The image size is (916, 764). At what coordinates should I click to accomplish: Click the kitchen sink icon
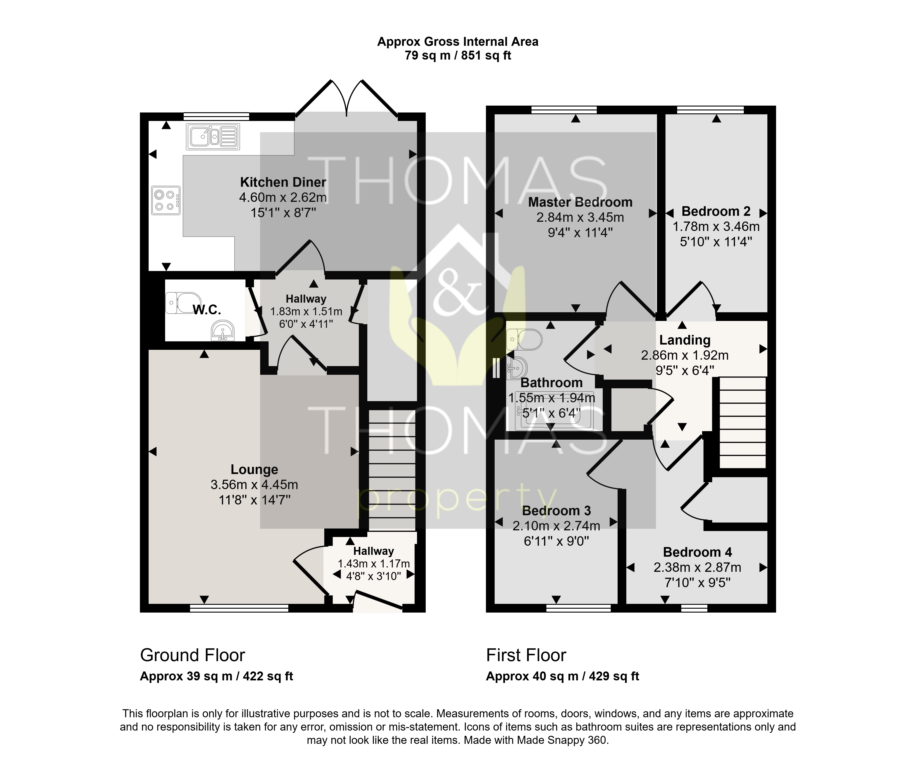(213, 137)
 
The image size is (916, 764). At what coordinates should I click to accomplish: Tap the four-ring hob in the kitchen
(166, 200)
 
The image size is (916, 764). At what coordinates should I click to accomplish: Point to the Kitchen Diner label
(283, 182)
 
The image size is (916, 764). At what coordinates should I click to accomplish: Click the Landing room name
(685, 340)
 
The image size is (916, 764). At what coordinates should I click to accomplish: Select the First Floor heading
(526, 655)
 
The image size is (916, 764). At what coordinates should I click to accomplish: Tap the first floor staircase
(742, 422)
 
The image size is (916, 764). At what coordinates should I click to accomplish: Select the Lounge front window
(239, 608)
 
